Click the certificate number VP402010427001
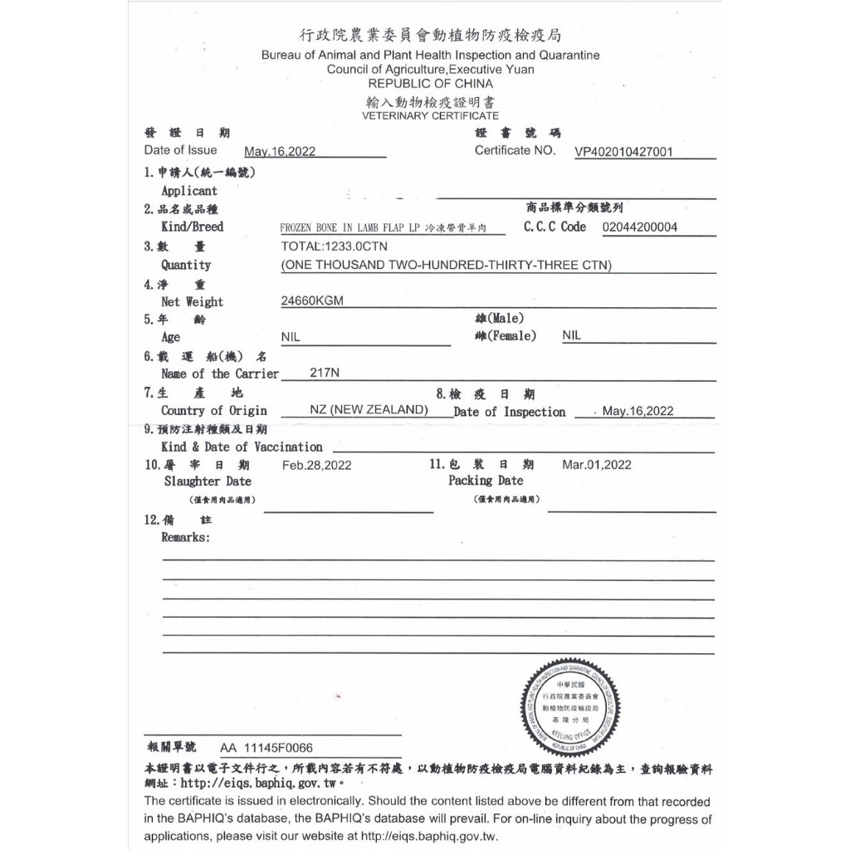click(x=623, y=152)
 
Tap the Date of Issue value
click(x=280, y=152)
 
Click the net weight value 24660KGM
click(x=312, y=301)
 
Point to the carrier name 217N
click(x=324, y=374)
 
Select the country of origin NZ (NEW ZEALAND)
click(x=369, y=411)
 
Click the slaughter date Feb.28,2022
click(x=316, y=466)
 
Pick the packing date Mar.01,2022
click(x=596, y=465)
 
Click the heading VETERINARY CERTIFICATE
click(x=430, y=116)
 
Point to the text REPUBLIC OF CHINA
click(x=430, y=84)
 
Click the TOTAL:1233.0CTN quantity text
click(x=334, y=247)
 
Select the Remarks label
click(x=185, y=537)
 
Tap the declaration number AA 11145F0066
click(x=266, y=748)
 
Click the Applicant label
click(x=188, y=191)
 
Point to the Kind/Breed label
click(x=192, y=227)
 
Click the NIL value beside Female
click(x=572, y=335)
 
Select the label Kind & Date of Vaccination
click(x=242, y=447)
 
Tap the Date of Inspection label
click(x=509, y=412)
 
